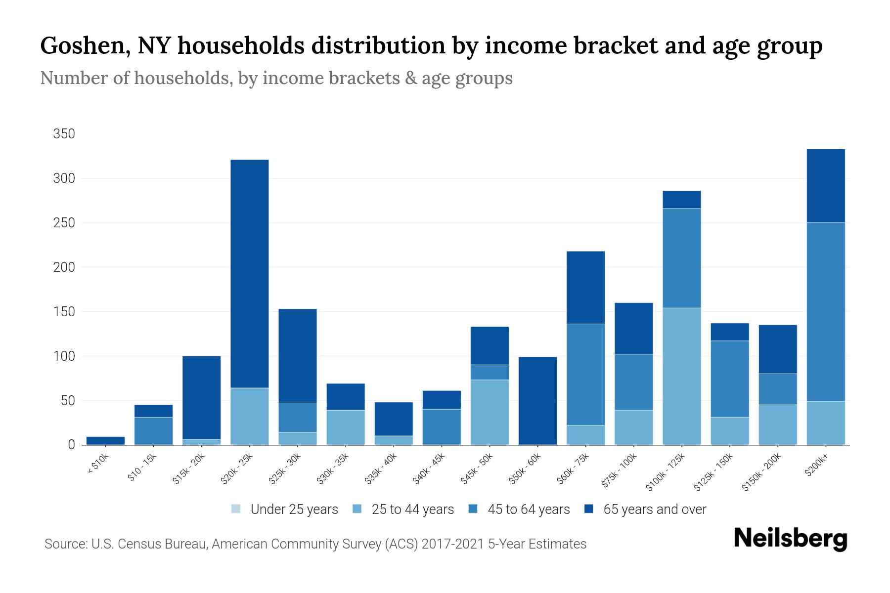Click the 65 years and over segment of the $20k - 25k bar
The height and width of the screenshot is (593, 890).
pyautogui.click(x=250, y=273)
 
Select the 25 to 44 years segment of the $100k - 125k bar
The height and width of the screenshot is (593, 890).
pyautogui.click(x=681, y=376)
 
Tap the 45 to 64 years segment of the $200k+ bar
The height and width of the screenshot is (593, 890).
pyautogui.click(x=825, y=311)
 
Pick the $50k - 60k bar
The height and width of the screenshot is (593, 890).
pyautogui.click(x=537, y=400)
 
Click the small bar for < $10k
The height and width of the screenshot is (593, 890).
pyautogui.click(x=105, y=440)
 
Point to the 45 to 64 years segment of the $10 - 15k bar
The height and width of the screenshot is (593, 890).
pyautogui.click(x=153, y=430)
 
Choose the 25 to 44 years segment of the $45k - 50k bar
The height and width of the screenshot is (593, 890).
pyautogui.click(x=489, y=412)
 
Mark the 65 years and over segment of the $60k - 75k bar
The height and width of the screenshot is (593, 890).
pyautogui.click(x=585, y=287)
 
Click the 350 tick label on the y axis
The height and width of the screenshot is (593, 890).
pyautogui.click(x=64, y=134)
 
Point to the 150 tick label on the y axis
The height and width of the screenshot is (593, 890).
pyautogui.click(x=64, y=312)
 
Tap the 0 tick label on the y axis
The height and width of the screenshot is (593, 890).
pyautogui.click(x=71, y=445)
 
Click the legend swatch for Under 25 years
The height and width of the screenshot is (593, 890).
pyautogui.click(x=236, y=509)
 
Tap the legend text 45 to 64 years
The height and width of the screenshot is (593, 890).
pyautogui.click(x=529, y=509)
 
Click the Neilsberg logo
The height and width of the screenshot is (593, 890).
pyautogui.click(x=790, y=539)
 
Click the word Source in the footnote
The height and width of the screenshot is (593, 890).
pyautogui.click(x=64, y=544)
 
